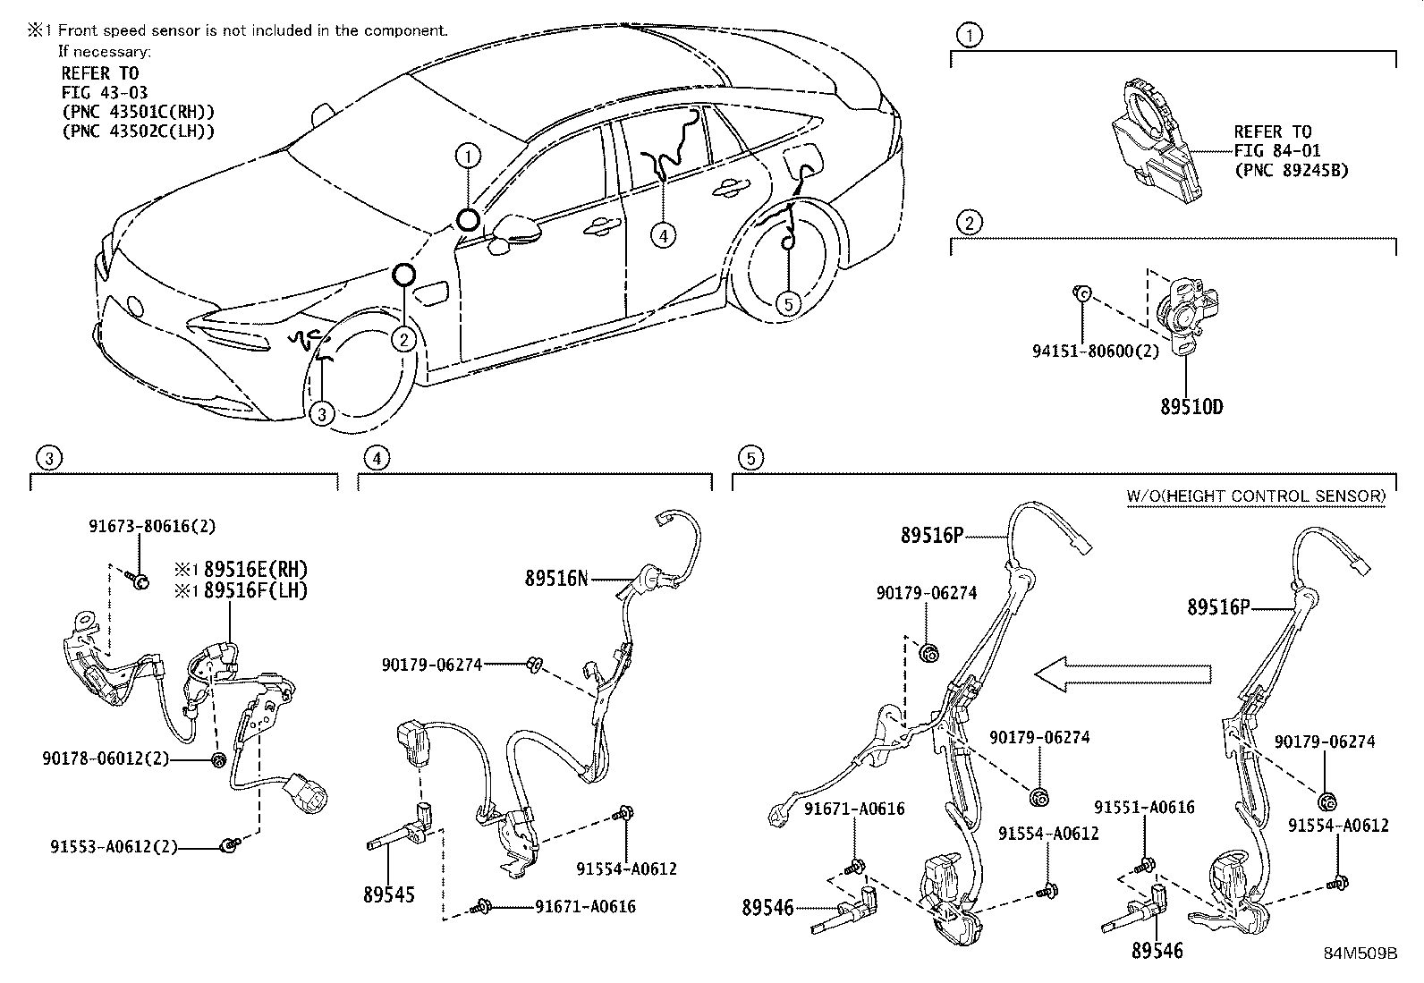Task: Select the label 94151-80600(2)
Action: pyautogui.click(x=1095, y=352)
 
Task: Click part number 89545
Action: pyautogui.click(x=389, y=894)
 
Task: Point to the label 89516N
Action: pyautogui.click(x=556, y=579)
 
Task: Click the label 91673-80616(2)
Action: pyautogui.click(x=151, y=527)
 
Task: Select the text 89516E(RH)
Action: pyautogui.click(x=255, y=570)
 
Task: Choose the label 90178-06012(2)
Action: pyautogui.click(x=106, y=758)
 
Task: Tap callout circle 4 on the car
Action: pyautogui.click(x=662, y=236)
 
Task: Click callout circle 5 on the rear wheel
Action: pyautogui.click(x=787, y=305)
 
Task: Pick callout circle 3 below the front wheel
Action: pyautogui.click(x=322, y=413)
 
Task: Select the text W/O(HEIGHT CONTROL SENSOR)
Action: pyautogui.click(x=1255, y=496)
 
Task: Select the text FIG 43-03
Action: pyautogui.click(x=105, y=92)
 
